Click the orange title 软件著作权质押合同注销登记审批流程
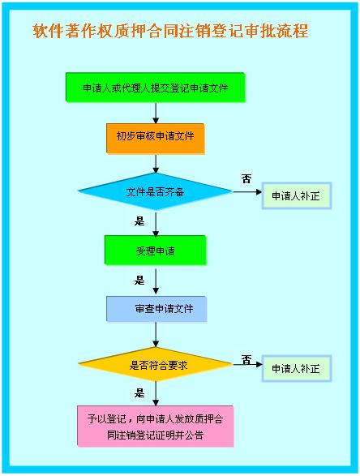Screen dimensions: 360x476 [x=170, y=31]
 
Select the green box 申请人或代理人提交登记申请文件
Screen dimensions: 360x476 [x=155, y=88]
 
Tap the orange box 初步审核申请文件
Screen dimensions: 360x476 [x=156, y=139]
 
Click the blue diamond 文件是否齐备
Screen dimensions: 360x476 [x=155, y=191]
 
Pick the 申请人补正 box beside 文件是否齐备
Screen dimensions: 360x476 [x=296, y=195]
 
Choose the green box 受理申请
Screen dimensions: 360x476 [x=156, y=251]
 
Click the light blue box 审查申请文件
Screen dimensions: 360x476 [x=156, y=309]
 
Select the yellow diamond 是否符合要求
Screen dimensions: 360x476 [x=155, y=364]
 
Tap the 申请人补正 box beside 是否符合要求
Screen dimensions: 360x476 [x=296, y=368]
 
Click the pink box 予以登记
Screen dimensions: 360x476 [x=156, y=427]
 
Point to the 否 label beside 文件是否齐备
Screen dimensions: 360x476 [x=246, y=178]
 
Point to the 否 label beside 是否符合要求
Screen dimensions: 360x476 [x=246, y=360]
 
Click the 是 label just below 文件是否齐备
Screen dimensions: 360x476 [x=139, y=221]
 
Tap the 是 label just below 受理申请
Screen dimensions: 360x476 [x=139, y=281]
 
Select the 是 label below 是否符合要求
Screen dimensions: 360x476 [x=139, y=393]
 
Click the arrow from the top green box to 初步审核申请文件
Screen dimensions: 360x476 [x=156, y=113]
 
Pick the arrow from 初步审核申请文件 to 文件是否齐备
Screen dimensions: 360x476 [x=156, y=164]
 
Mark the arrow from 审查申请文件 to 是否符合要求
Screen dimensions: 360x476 [x=156, y=335]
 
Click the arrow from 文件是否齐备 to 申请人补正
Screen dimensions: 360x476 [x=247, y=192]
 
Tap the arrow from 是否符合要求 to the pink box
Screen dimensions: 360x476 [x=156, y=393]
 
